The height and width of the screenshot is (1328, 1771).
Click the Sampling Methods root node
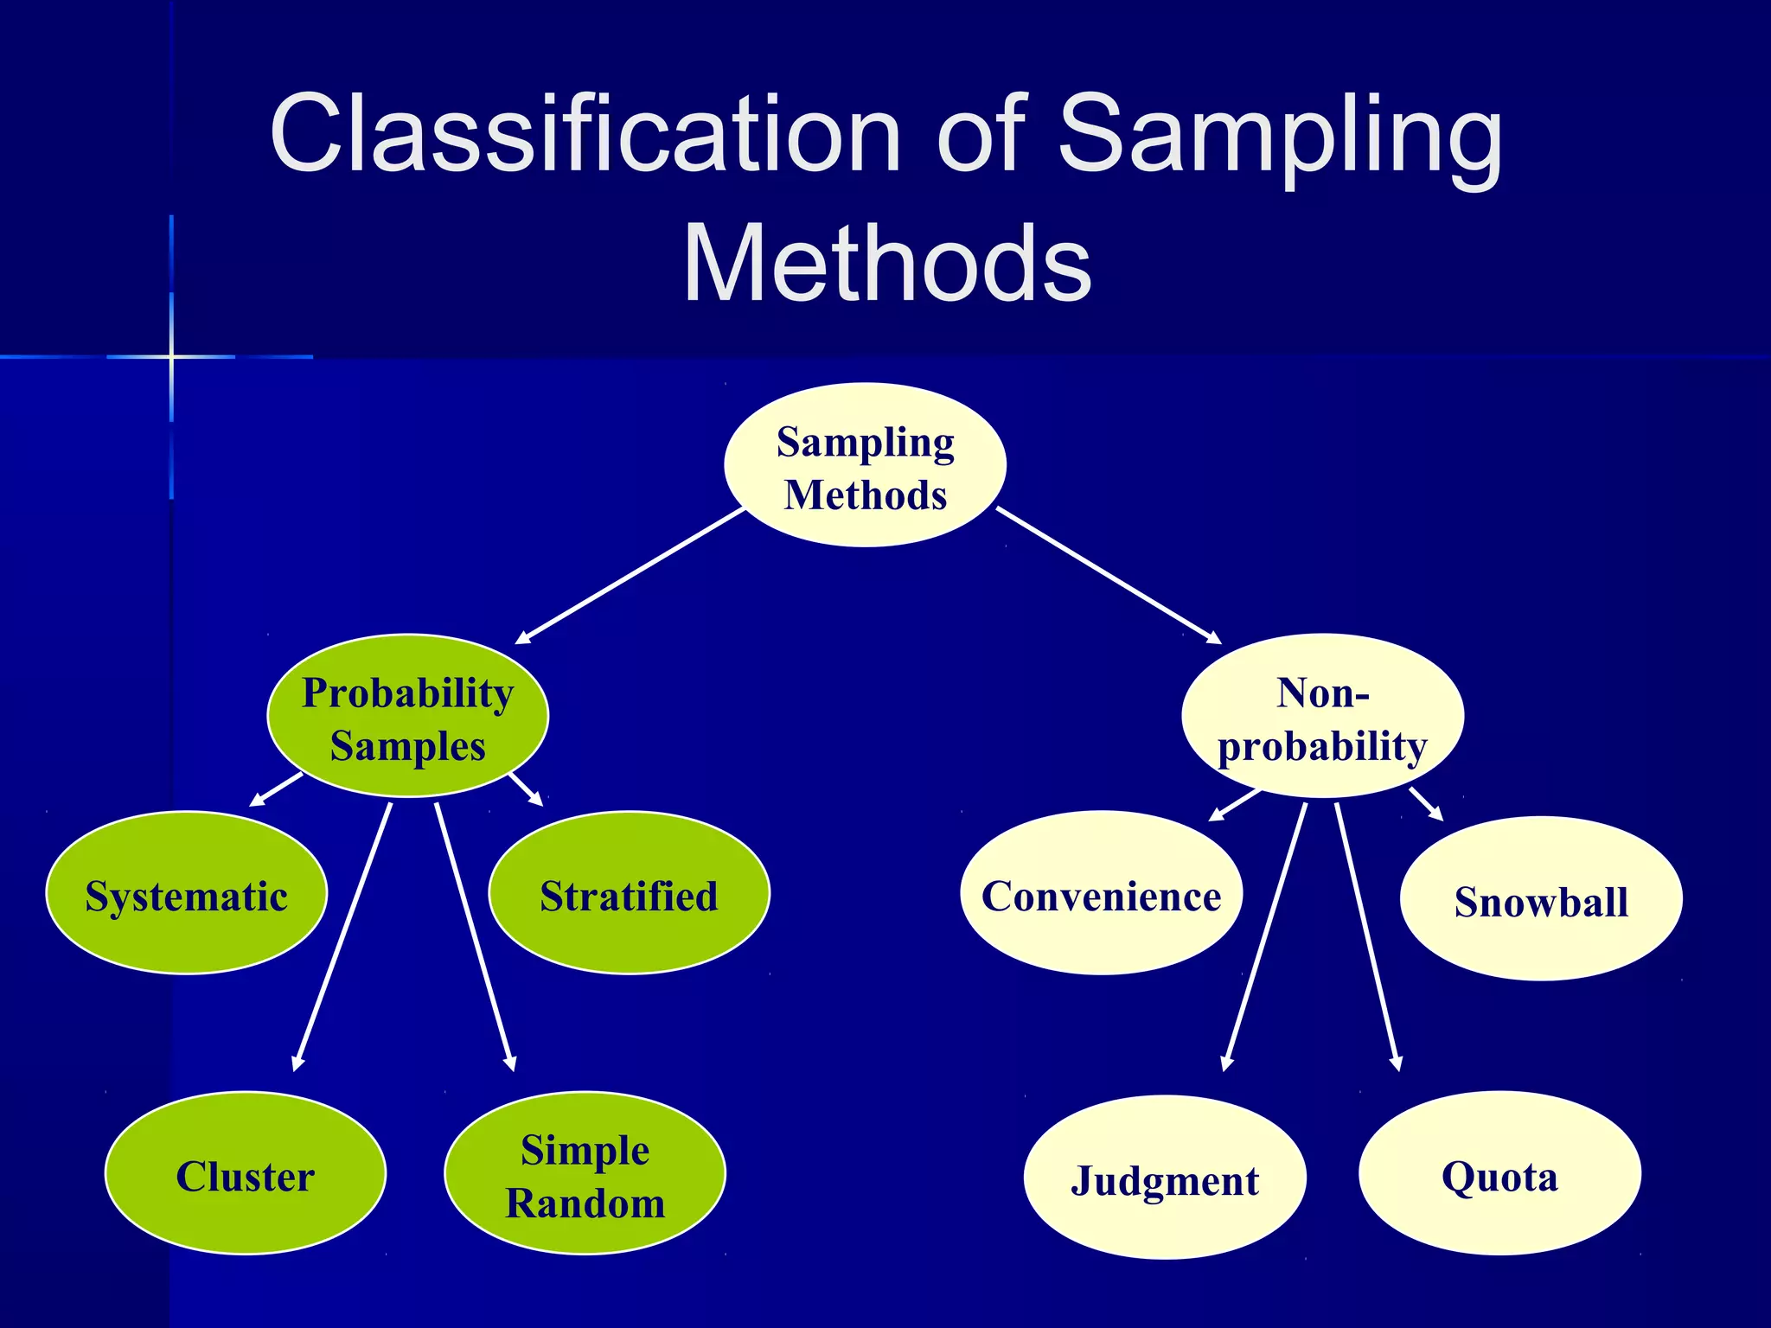click(x=865, y=465)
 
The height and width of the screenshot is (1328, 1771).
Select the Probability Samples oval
click(x=407, y=716)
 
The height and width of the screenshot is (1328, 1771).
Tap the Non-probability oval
click(x=1322, y=716)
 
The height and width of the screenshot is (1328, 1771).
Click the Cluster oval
click(x=246, y=1173)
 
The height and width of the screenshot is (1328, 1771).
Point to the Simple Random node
click(x=585, y=1173)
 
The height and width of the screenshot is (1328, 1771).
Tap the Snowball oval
click(x=1541, y=899)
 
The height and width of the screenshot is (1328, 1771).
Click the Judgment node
click(x=1165, y=1178)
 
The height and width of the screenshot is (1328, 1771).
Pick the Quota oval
click(x=1499, y=1173)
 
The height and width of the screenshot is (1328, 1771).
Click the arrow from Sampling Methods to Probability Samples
click(x=630, y=577)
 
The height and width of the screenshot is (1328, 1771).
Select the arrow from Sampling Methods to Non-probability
click(x=1109, y=576)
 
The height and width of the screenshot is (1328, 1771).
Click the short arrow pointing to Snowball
click(x=1426, y=804)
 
